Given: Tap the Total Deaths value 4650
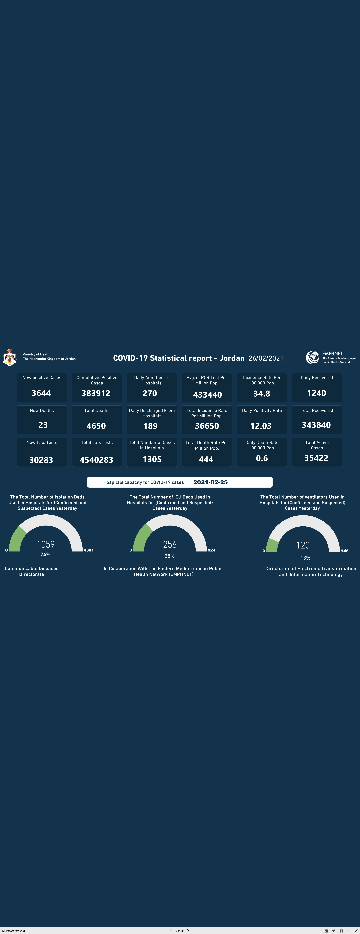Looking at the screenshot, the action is pos(96,426).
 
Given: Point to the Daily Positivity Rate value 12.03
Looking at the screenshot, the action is pos(261,426).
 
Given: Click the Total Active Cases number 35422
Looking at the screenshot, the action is pos(316,458).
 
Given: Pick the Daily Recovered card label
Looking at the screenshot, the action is pos(317,377).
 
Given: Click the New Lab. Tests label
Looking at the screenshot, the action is pos(42,442).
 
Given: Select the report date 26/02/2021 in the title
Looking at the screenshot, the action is pos(266,358).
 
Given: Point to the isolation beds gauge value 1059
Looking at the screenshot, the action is pos(46,544).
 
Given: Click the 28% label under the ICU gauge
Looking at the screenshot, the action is pos(170,556).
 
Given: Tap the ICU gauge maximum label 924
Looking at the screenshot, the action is pos(211,550).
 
